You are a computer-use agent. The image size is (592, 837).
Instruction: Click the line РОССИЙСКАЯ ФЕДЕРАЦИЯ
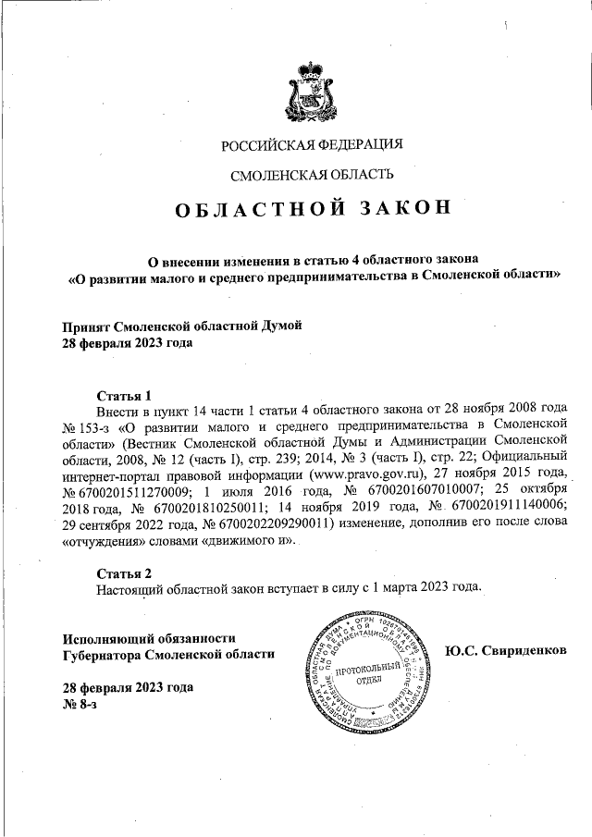[x=313, y=145]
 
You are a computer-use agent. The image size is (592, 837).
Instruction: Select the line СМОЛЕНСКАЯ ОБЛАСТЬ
[x=312, y=174]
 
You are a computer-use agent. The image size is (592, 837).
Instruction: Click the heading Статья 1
[x=123, y=394]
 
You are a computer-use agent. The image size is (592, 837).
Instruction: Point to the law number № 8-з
[x=79, y=705]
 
